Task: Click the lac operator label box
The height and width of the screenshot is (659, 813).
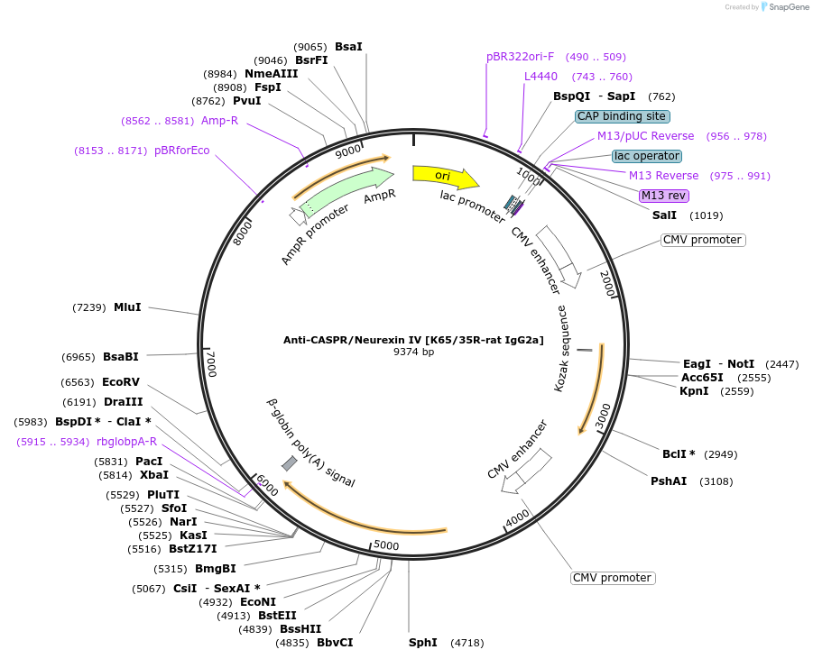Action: click(647, 156)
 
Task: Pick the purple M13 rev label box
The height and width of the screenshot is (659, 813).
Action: click(663, 196)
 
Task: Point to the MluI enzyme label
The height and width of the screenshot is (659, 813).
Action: click(127, 307)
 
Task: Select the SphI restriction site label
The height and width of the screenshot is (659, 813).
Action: click(423, 643)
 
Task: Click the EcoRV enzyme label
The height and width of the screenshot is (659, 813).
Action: click(121, 382)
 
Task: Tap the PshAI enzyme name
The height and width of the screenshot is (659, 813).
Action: click(669, 481)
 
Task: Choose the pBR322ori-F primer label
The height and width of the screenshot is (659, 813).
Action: click(521, 57)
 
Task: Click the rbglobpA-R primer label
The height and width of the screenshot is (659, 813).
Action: click(139, 442)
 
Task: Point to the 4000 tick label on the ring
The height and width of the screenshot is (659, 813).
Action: click(517, 518)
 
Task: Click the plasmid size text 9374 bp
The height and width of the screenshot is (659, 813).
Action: click(413, 352)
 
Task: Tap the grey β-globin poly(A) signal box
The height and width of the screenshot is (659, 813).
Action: click(290, 463)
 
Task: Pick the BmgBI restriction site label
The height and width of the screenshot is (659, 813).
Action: click(216, 569)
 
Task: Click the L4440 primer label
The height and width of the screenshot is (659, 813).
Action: click(541, 77)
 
